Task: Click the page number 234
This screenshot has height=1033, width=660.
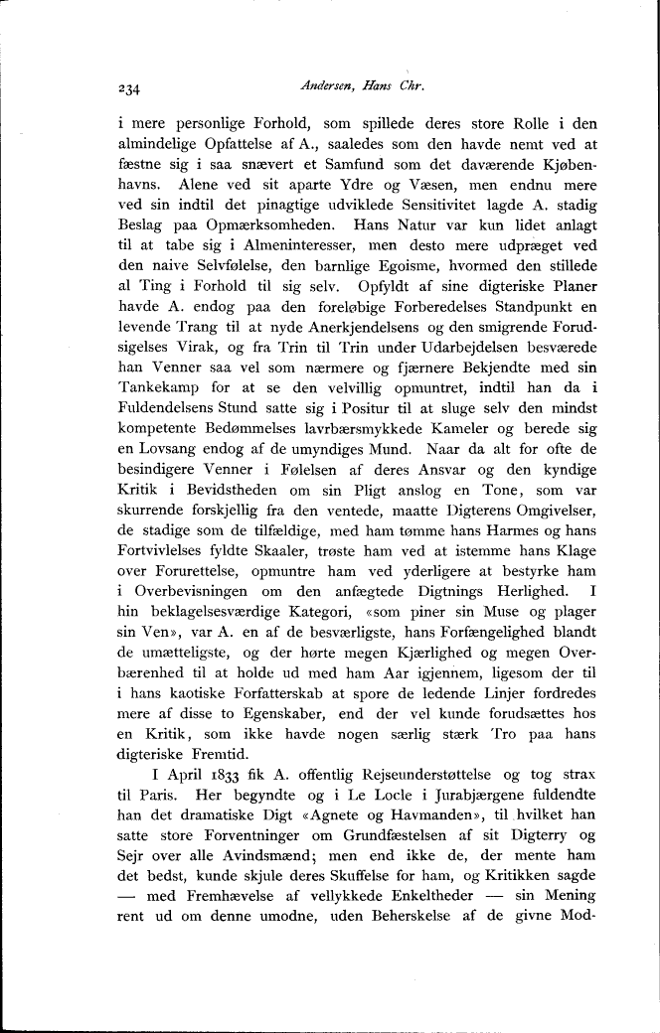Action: coord(129,87)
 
